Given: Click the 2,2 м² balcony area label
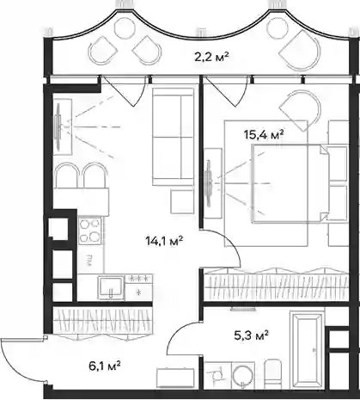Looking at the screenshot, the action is (x=211, y=58).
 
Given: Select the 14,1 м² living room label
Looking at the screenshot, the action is (x=164, y=242).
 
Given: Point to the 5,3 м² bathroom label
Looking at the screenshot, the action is (x=251, y=335).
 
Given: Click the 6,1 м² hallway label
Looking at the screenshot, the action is (x=104, y=366).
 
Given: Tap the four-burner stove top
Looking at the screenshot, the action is (x=90, y=231).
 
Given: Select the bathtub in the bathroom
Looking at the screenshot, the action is (x=307, y=349).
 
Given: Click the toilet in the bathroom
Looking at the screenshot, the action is (x=273, y=373).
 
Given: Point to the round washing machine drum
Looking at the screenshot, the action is (x=243, y=375).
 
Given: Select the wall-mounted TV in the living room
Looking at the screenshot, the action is (x=58, y=126).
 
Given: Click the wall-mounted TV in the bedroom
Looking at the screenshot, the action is (x=210, y=183).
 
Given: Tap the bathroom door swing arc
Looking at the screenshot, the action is (x=175, y=334).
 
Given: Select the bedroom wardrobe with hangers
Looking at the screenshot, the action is (x=277, y=285).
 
